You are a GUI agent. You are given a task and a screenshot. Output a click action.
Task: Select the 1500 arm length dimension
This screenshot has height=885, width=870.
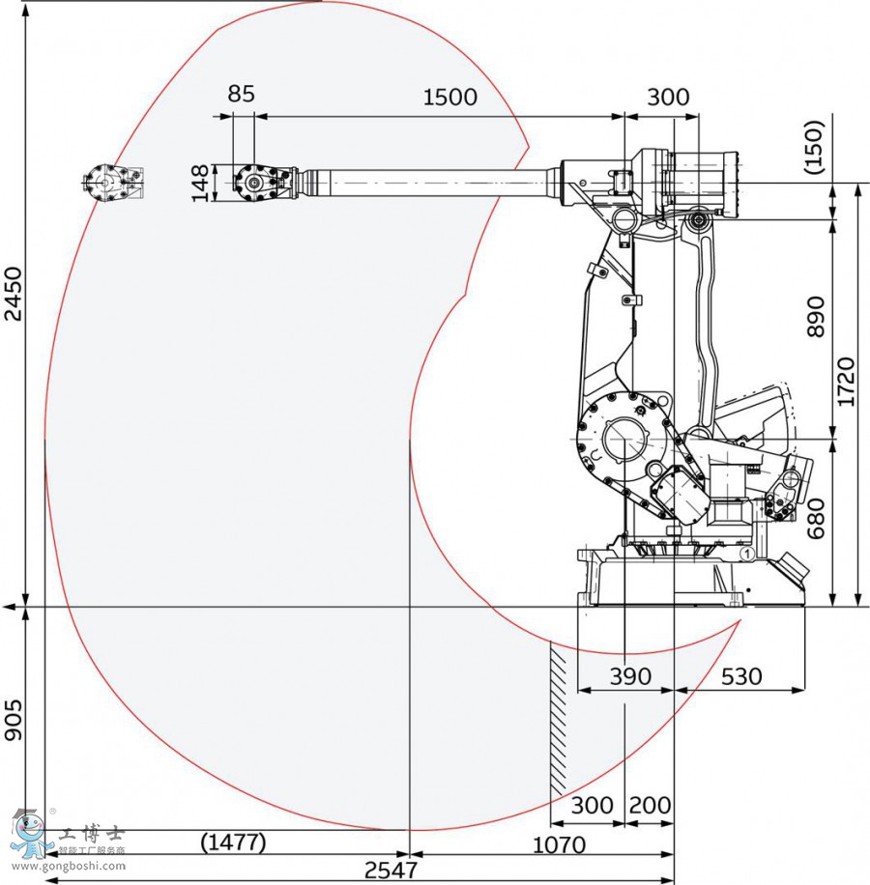pos(450,97)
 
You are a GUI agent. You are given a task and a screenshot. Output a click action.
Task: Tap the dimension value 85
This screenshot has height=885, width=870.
pos(242,94)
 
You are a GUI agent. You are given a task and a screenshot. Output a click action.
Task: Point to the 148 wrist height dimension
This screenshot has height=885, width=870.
pos(200,184)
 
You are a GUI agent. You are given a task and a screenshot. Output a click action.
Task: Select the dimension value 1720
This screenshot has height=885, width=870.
pos(847,382)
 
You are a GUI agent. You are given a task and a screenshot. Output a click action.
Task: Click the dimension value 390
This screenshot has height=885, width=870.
pos(629,676)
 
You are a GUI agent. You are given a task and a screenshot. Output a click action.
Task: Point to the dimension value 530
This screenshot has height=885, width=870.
pos(741,676)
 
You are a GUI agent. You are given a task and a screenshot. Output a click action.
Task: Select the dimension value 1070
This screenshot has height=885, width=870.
pos(559,845)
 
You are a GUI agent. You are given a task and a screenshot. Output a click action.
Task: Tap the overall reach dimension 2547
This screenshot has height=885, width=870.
pos(391,870)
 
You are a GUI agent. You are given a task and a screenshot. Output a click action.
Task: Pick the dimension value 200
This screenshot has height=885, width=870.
pos(650,805)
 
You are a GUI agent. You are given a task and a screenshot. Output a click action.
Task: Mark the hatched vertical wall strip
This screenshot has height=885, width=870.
pos(559,715)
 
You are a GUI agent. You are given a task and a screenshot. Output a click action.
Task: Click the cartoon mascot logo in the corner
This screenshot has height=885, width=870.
pos(31,832)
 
